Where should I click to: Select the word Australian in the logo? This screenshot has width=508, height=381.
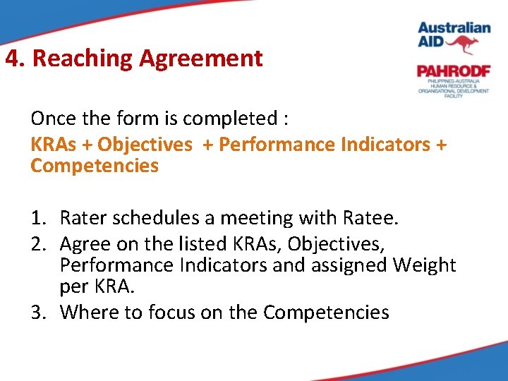pos(454,28)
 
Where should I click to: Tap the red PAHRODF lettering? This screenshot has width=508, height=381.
pos(452,71)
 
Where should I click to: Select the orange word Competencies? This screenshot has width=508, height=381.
pos(95,166)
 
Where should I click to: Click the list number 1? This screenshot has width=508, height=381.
pos(37,219)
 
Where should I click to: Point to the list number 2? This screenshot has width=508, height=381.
pos(37,244)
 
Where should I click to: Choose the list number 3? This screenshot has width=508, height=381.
pos(37,312)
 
